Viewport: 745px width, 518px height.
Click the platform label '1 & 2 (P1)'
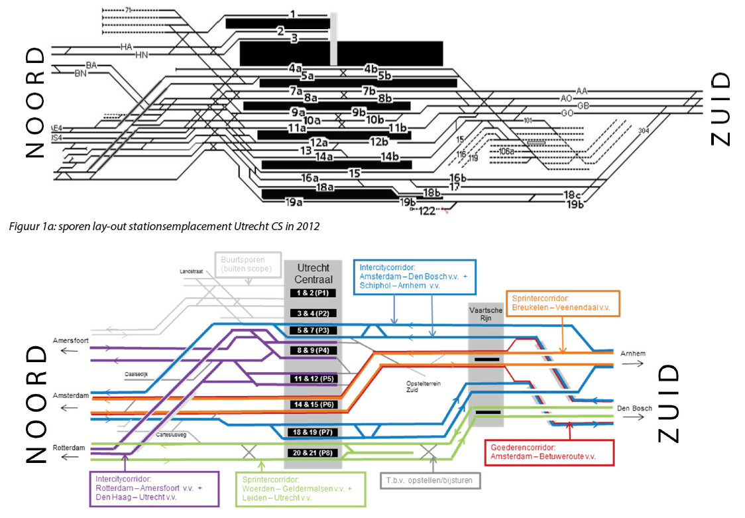pyautogui.click(x=313, y=292)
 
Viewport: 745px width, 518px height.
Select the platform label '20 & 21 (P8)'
pyautogui.click(x=313, y=453)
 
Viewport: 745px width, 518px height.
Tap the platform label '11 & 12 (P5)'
pyautogui.click(x=313, y=378)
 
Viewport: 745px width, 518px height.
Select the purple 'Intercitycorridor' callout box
pyautogui.click(x=154, y=488)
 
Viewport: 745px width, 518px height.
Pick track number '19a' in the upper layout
pyautogui.click(x=294, y=202)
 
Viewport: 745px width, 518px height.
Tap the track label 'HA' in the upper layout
pyautogui.click(x=127, y=46)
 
